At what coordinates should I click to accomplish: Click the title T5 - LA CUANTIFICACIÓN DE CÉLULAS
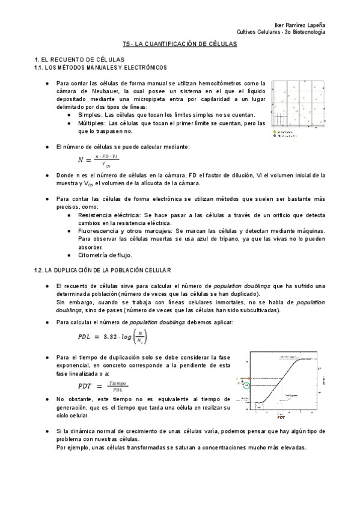click(180, 45)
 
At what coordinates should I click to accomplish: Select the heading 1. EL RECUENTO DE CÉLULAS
click(79, 60)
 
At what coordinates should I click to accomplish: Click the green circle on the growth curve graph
click(245, 386)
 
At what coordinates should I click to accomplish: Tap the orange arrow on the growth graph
click(237, 380)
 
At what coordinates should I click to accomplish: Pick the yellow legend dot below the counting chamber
click(274, 132)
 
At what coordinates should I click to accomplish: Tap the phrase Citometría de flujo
click(105, 254)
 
